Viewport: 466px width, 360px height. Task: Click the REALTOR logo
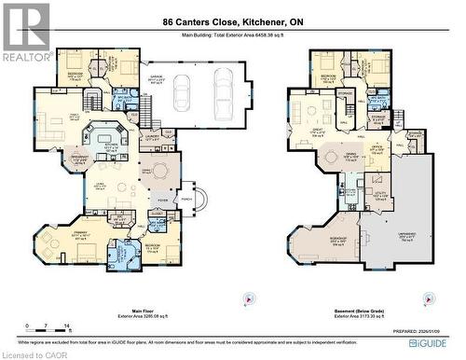pyautogui.click(x=25, y=32)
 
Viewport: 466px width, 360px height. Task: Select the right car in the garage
pyautogui.click(x=225, y=91)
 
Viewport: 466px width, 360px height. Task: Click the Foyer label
pyautogui.click(x=162, y=199)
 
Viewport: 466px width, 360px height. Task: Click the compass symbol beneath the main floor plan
pyautogui.click(x=246, y=298)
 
